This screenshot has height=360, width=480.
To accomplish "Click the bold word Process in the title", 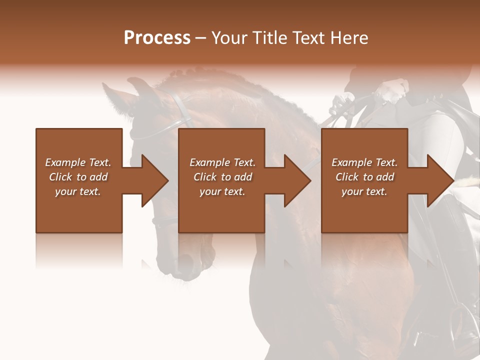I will click(x=157, y=38).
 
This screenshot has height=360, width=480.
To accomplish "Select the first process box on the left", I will click(x=79, y=210).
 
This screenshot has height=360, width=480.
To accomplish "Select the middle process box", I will click(x=221, y=210).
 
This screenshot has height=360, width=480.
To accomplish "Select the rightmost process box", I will click(x=364, y=210).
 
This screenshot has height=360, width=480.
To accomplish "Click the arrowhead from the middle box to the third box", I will click(x=297, y=180).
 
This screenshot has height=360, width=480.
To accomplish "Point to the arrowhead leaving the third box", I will click(x=440, y=180).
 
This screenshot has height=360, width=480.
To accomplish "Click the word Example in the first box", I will click(x=65, y=162).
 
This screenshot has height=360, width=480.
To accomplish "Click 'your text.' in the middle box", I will click(x=222, y=191).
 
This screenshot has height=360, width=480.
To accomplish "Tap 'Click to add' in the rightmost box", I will click(x=364, y=177).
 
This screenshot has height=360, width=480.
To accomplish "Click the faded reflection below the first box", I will click(x=79, y=250).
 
